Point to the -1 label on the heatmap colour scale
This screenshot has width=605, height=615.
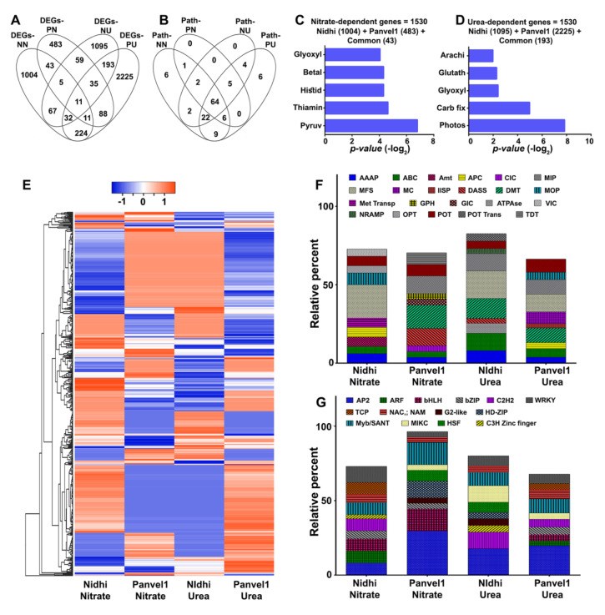(121, 202)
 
